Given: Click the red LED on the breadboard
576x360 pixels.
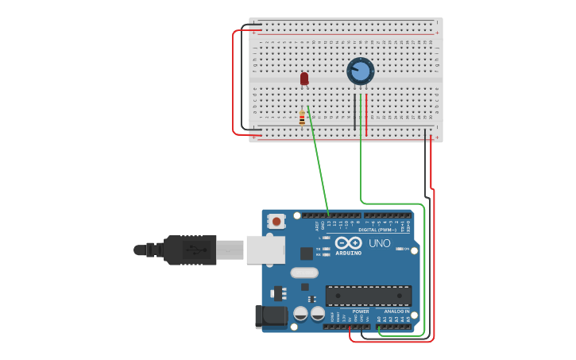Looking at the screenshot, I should (304, 78).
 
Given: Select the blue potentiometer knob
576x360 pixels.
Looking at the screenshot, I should (361, 72).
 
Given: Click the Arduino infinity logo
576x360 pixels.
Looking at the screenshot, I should (348, 243).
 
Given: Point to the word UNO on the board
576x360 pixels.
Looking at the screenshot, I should (380, 243).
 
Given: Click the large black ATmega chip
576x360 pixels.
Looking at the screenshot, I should (369, 296).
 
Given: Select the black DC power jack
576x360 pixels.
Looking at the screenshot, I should (271, 316).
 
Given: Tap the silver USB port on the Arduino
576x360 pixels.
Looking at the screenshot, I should (265, 250).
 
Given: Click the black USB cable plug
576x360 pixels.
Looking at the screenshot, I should (191, 250).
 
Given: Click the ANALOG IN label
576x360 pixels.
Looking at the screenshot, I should (396, 312).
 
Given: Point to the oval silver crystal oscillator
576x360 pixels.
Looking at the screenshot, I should (304, 273).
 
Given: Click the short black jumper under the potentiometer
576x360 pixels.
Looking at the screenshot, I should (354, 111).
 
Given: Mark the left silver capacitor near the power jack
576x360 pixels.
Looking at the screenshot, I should (301, 313).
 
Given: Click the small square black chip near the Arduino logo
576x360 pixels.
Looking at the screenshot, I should (307, 254).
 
